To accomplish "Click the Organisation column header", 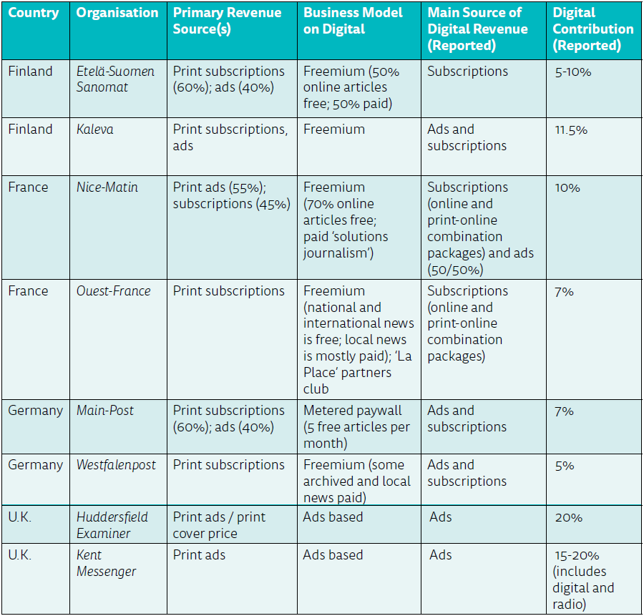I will click(117, 13).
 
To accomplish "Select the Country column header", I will click(33, 13).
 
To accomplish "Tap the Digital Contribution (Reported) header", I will click(593, 29).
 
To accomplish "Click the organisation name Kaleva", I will click(96, 129).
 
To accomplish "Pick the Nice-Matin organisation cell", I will click(107, 187).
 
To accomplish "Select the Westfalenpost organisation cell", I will click(116, 465).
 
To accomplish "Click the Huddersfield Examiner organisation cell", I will click(111, 525).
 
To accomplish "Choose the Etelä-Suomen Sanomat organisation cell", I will click(115, 79).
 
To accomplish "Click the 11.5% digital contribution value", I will click(571, 130).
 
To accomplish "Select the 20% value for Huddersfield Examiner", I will click(568, 517).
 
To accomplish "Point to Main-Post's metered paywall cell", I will click(356, 427).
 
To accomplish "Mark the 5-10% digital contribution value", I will click(573, 72).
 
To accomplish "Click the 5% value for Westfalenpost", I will click(565, 466).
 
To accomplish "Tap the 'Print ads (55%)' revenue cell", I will click(219, 187).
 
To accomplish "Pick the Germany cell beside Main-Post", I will click(36, 411).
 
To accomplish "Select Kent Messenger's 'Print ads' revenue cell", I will click(199, 555).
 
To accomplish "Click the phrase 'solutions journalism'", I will click(346, 245).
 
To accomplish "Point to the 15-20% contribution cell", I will click(577, 555).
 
